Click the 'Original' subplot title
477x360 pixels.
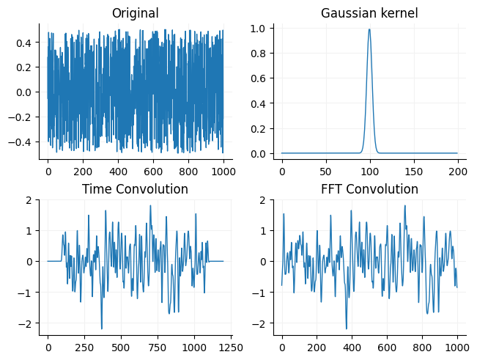(135, 13)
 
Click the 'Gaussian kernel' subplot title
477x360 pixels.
(369, 13)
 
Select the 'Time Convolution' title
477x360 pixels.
(135, 189)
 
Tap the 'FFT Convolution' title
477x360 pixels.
(369, 189)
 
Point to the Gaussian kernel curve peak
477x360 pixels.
(369, 29)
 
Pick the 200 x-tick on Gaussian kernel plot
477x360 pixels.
(457, 171)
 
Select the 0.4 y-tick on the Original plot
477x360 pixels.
(26, 43)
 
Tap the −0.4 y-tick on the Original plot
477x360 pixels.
(23, 142)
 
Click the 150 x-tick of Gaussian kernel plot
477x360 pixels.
(413, 171)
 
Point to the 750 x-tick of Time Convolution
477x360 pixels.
(158, 347)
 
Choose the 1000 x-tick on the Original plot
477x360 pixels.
(223, 171)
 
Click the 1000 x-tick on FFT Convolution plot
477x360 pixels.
(457, 347)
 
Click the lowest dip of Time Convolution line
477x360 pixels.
(102, 328)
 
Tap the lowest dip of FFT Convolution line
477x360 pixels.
(347, 328)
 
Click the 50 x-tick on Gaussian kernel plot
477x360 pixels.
(325, 171)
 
